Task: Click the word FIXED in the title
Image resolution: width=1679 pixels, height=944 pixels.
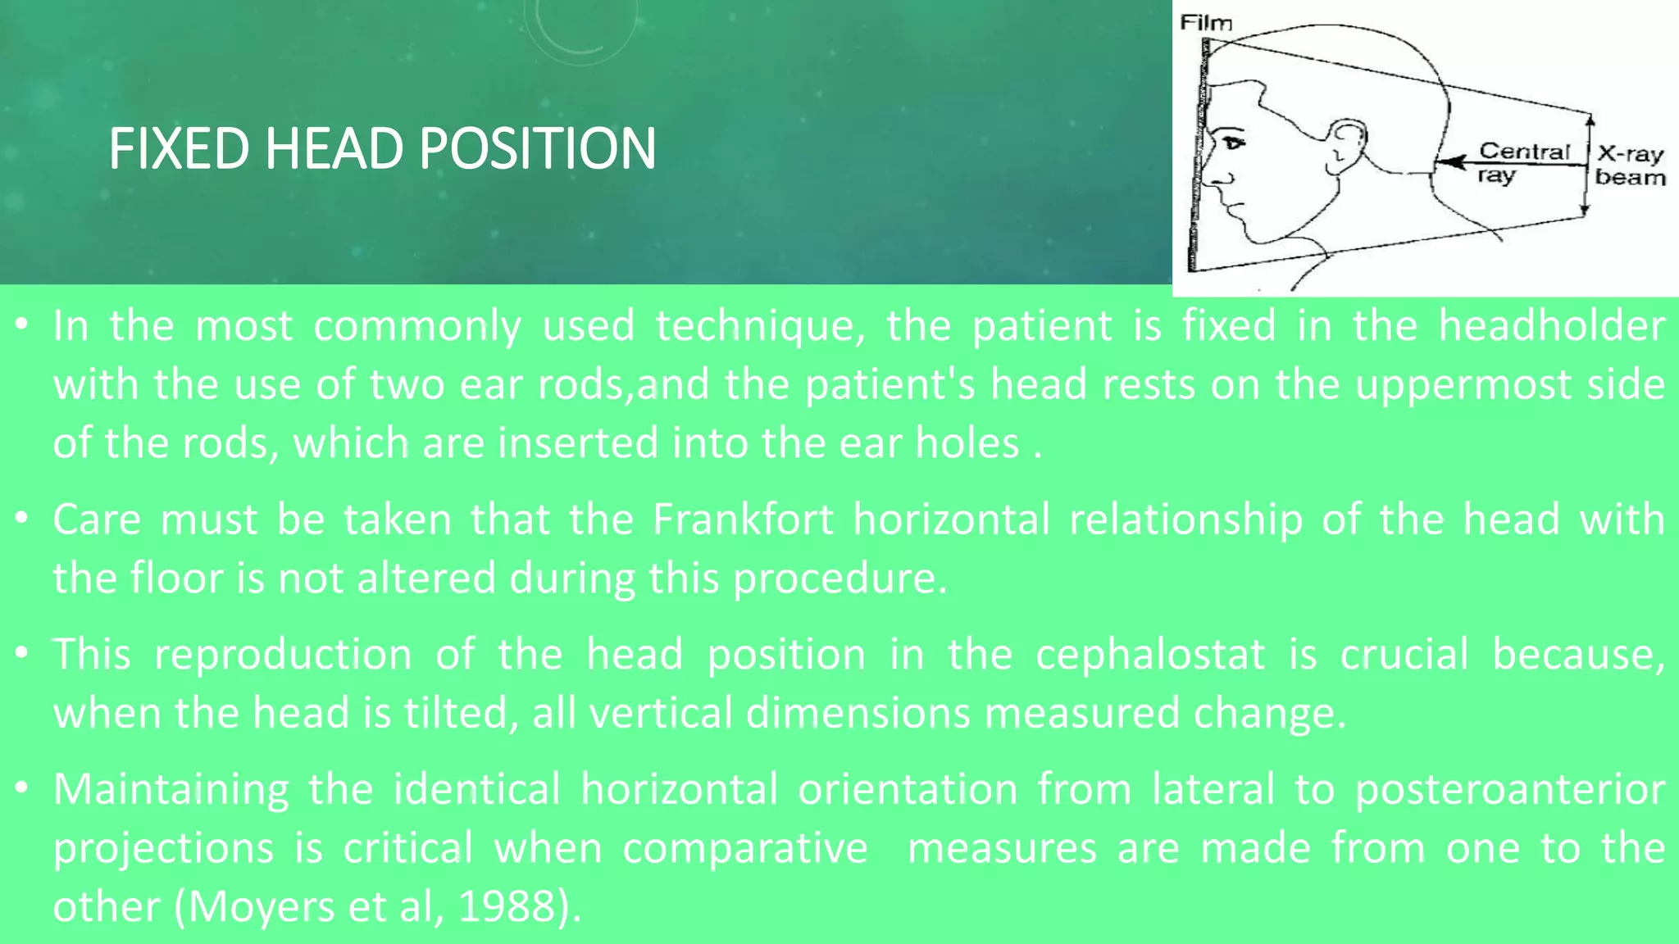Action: coord(178,149)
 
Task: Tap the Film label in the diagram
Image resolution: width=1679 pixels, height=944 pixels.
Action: coord(1205,23)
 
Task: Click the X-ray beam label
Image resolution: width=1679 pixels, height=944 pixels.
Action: coord(1631,166)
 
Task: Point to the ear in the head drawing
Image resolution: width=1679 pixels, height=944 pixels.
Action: coord(1345,148)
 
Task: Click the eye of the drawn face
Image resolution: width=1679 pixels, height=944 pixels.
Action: coord(1233,143)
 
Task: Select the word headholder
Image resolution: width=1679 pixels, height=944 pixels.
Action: coord(1551,326)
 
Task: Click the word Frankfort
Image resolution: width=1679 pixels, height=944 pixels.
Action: coord(743,520)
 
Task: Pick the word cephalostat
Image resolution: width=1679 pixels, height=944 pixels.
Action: coord(1149,655)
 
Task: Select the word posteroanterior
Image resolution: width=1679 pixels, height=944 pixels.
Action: coord(1509,789)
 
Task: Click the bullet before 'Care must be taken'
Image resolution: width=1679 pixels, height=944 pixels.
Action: coord(22,518)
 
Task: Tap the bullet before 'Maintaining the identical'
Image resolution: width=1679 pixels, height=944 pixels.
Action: coord(22,787)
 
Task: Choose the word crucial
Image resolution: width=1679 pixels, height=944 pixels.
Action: coord(1404,655)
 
